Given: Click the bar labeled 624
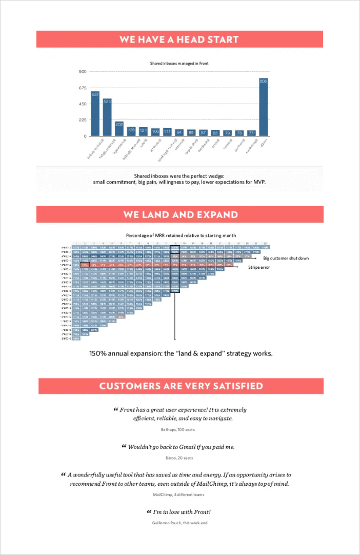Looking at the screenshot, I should (x=95, y=114).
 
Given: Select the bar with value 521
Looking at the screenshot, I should (x=107, y=117).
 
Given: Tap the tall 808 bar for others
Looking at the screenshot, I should (x=264, y=107).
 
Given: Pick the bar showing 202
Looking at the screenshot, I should (x=119, y=129).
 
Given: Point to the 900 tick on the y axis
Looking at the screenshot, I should (x=83, y=71).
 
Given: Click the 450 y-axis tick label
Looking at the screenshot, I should (x=83, y=104).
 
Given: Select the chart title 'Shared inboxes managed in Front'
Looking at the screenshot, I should (x=179, y=64).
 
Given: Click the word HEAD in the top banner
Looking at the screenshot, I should (x=192, y=39).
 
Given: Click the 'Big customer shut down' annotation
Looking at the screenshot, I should (x=286, y=258).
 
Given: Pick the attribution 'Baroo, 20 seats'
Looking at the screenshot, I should (x=179, y=458).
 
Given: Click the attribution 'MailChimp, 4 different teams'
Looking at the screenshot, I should (x=178, y=494).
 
